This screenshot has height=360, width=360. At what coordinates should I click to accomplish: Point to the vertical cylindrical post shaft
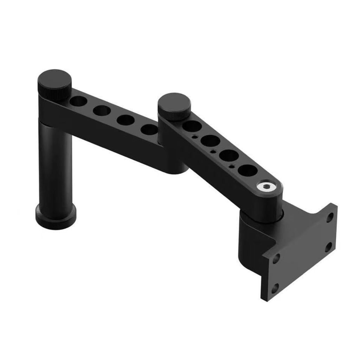pos(55,165)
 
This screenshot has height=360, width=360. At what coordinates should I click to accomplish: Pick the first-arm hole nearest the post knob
pos(78,101)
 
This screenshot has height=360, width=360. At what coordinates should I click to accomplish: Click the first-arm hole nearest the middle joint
pos(149,129)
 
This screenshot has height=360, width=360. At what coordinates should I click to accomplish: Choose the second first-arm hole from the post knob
pos(102,110)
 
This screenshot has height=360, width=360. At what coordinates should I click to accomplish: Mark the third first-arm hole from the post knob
pos(126,120)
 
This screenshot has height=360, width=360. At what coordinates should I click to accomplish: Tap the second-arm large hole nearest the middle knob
pos(192,126)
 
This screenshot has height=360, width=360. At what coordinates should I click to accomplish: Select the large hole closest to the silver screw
pos(247,171)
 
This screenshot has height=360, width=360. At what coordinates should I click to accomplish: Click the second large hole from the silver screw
pos(229,155)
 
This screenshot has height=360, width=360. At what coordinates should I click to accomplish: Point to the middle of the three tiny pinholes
pos(213,152)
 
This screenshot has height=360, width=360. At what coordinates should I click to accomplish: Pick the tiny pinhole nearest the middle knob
pos(194,137)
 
